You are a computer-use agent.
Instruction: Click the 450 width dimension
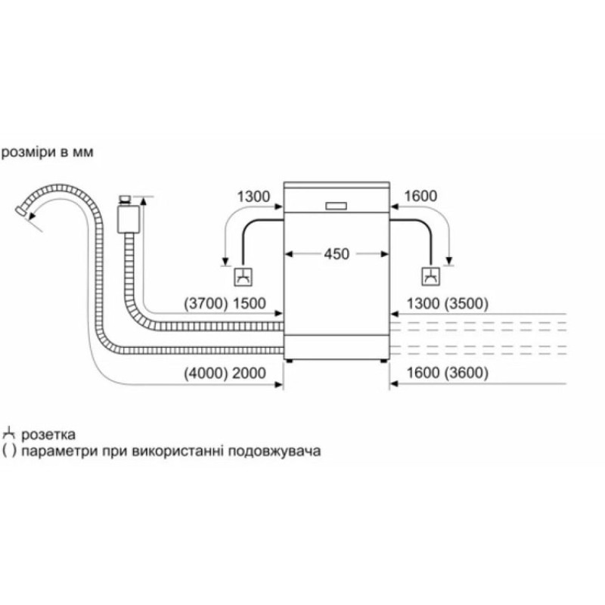click(337, 255)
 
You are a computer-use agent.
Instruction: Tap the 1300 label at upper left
click(253, 197)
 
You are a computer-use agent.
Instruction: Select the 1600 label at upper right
click(421, 197)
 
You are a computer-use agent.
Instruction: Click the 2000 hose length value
click(250, 373)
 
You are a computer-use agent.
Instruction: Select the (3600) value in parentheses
click(466, 373)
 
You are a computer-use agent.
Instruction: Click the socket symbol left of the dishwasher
click(244, 278)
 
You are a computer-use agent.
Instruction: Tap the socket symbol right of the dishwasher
click(430, 278)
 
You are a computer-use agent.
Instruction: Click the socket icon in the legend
click(10, 434)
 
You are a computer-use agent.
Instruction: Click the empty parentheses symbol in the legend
click(10, 451)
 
